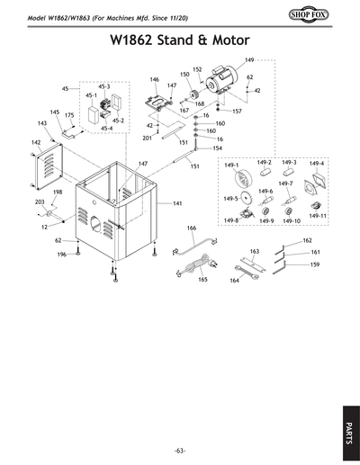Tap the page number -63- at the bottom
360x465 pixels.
[180, 450]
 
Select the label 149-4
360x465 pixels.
[318, 164]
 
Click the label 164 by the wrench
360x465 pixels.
[234, 281]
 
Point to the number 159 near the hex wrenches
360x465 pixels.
[315, 265]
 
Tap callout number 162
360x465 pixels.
[307, 240]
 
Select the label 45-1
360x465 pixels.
[91, 94]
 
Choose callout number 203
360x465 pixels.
[40, 202]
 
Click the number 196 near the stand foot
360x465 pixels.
[62, 255]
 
